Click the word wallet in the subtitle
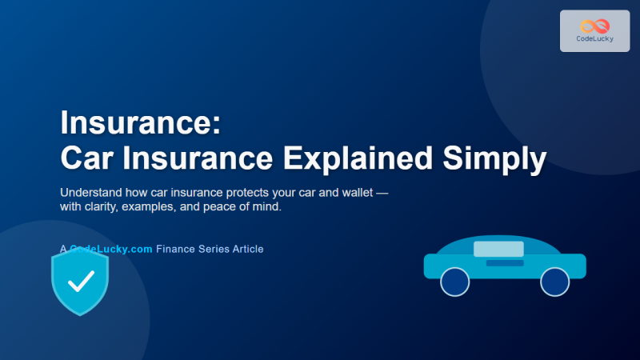click(348, 194)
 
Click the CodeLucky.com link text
click(111, 249)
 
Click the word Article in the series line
click(245, 249)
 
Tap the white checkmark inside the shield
click(80, 280)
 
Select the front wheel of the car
click(554, 282)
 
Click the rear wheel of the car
click(455, 282)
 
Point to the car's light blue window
click(498, 249)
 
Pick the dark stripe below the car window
click(505, 262)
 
